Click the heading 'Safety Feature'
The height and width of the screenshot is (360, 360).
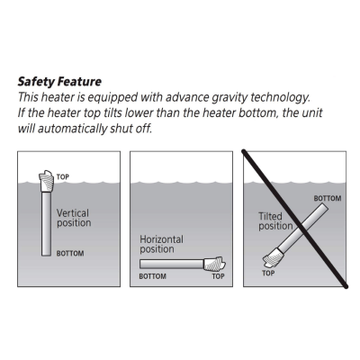pos(59,82)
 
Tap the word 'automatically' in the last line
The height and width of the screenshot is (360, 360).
pos(72,129)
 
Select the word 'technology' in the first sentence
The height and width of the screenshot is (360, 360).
pos(280,98)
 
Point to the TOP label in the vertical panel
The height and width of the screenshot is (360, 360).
pos(63,176)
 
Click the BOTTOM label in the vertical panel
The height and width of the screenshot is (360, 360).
pos(70,254)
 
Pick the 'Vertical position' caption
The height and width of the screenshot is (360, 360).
pos(74,218)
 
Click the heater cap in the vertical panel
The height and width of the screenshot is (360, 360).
pos(46,182)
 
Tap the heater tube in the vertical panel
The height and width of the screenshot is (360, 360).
pos(46,224)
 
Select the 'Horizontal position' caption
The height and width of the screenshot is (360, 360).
pos(161,244)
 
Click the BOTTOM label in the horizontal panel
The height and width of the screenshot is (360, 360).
pos(153,276)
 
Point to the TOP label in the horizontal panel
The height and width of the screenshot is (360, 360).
pos(218,276)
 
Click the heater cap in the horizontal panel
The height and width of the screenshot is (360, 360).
pos(214,264)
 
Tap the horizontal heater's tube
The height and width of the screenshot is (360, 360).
pos(172,264)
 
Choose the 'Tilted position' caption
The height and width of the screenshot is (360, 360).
pos(275,221)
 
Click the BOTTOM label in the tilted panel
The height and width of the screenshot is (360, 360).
pos(328,198)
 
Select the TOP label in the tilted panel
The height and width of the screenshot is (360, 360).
pos(268,273)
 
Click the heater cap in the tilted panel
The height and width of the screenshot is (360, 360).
pos(274,258)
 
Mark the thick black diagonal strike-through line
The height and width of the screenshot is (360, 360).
pos(295,219)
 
